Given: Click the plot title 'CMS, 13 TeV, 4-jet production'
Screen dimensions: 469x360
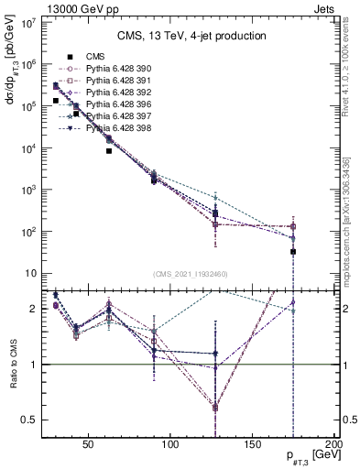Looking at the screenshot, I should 191,36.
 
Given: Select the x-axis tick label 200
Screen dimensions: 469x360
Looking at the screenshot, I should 334,443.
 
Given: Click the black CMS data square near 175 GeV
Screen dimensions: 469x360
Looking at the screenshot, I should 293,251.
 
